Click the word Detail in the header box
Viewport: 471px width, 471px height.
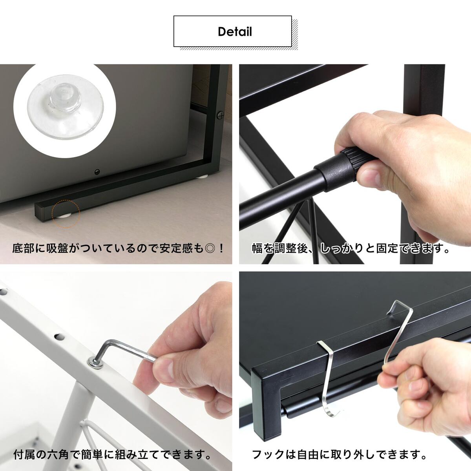(x=235, y=32)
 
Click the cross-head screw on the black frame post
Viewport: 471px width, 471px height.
(x=221, y=115)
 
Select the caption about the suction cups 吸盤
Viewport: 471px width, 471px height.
(x=118, y=249)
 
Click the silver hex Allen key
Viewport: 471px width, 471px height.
(x=126, y=351)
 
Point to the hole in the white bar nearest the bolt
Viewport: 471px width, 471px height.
(x=60, y=337)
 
